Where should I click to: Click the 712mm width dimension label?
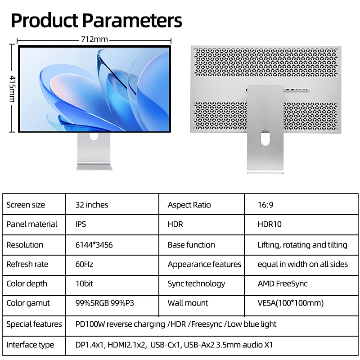[94, 40]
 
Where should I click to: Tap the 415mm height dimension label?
[13, 89]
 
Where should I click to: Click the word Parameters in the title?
[132, 20]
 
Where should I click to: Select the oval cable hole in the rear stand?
[265, 137]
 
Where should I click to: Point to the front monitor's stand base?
[94, 167]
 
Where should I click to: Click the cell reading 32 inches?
[92, 205]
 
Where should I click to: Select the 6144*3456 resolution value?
[94, 245]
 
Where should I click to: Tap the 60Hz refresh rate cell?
[84, 264]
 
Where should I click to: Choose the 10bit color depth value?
[84, 283]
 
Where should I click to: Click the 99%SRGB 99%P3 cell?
[105, 303]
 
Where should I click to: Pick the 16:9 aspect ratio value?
[265, 205]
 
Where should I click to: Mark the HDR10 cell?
[270, 224]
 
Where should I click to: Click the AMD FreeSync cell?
[283, 284]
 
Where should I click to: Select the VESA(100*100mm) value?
[290, 303]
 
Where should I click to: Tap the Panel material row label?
[31, 224]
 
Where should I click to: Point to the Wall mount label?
[188, 303]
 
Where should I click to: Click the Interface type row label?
[30, 345]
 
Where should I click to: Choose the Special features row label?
[34, 324]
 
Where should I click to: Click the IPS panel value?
[81, 224]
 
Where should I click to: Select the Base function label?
[191, 245]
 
